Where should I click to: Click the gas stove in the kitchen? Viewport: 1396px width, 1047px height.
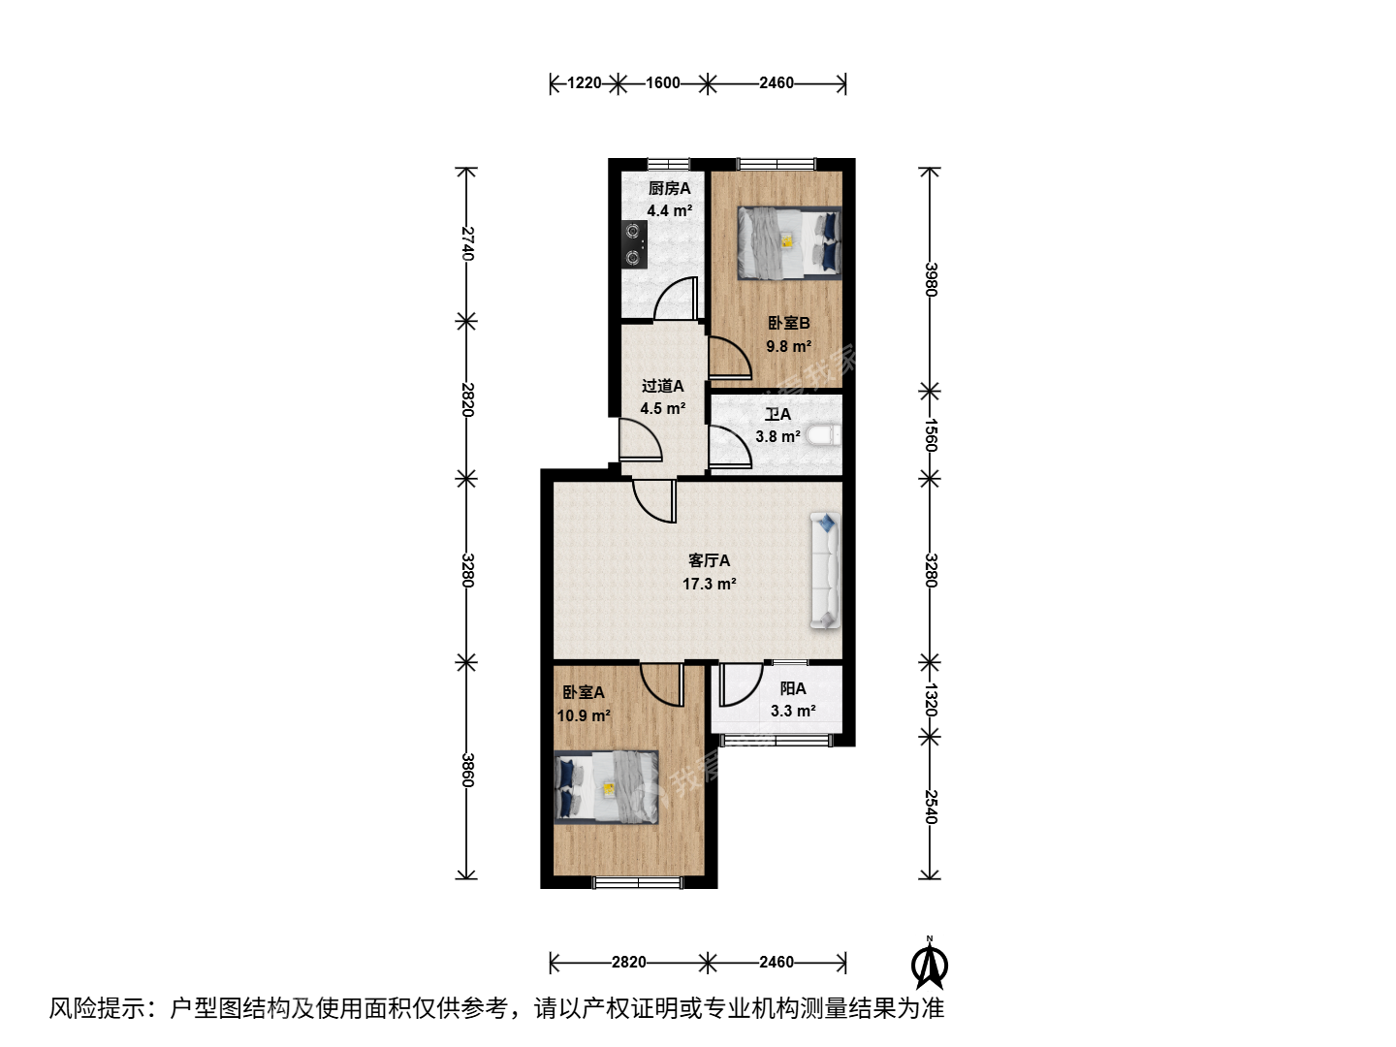coord(634,244)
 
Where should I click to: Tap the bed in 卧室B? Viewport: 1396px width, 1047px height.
coord(789,242)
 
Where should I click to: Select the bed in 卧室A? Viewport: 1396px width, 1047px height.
coord(606,787)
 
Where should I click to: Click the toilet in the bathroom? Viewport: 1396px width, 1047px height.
coord(824,436)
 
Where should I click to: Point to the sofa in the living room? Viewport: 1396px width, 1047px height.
coord(826,571)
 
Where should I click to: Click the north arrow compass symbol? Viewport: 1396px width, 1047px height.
coord(929,964)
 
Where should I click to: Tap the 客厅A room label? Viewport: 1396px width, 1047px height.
coord(709,560)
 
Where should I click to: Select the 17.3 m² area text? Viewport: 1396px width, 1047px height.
coord(709,584)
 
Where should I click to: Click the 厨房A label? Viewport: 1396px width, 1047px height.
coord(669,188)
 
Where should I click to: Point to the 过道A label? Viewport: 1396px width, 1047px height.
coord(663,386)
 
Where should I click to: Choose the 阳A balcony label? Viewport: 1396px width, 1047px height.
coord(793,688)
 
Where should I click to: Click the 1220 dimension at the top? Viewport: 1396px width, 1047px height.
coord(584,82)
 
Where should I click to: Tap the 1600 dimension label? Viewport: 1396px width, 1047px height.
coord(663,82)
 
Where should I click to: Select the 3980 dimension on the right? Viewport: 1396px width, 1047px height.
coord(931,279)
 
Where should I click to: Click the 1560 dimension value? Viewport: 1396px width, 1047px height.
coord(931,435)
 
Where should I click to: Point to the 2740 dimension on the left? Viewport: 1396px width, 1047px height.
coord(467,243)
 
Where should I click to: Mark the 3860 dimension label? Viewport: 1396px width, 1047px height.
coord(467,770)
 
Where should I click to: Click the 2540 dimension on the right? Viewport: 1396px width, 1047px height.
coord(931,807)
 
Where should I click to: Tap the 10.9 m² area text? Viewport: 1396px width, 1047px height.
coord(584,715)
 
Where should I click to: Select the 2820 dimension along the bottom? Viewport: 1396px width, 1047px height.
coord(629,962)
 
